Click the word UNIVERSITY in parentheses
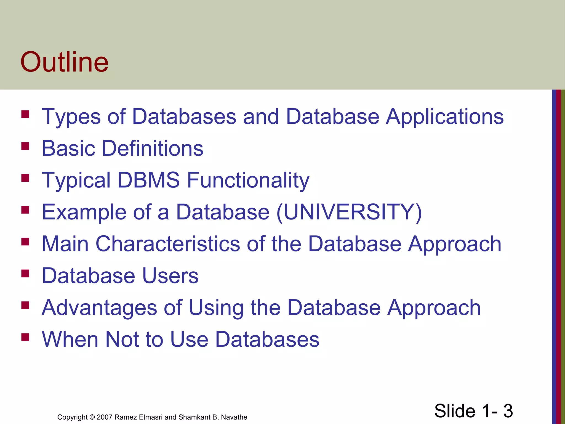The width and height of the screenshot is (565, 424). tap(349, 212)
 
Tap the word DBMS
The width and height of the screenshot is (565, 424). tap(148, 180)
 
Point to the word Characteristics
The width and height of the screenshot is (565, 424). tap(168, 244)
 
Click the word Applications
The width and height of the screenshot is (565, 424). tap(444, 116)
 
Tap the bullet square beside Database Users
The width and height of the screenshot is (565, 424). tap(25, 273)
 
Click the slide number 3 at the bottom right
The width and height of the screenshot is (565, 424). tap(508, 411)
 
